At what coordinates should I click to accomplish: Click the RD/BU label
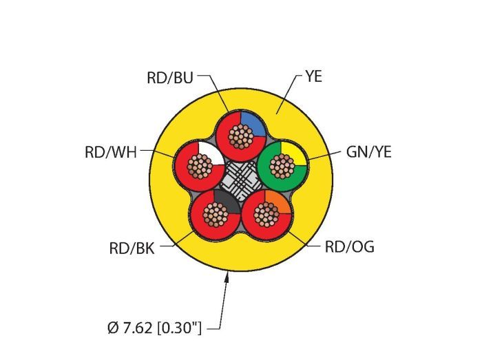[x=170, y=78]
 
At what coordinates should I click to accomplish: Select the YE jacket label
[x=313, y=76]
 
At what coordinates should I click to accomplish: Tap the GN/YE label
[x=369, y=152]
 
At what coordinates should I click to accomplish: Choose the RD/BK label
[x=132, y=248]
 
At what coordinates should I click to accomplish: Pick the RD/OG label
[x=349, y=247]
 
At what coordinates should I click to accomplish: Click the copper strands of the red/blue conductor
[x=240, y=138]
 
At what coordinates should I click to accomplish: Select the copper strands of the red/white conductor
[x=200, y=166]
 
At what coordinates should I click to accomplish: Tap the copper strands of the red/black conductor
[x=215, y=214]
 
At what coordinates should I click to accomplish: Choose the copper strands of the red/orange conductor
[x=266, y=214]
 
